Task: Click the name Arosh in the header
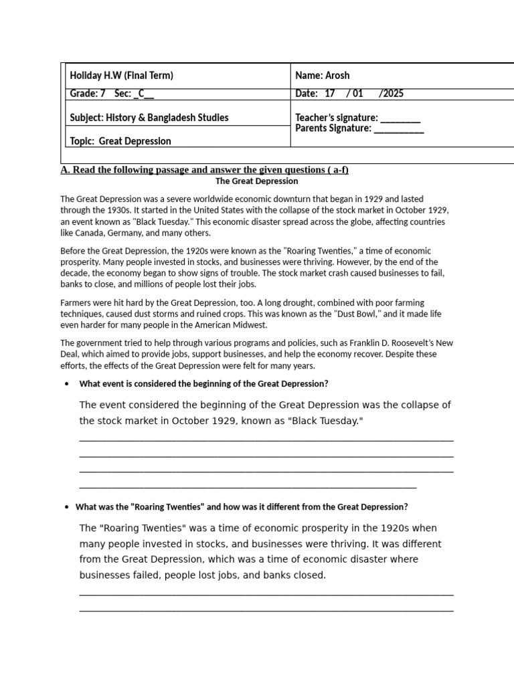pyautogui.click(x=337, y=76)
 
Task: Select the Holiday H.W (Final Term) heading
pyautogui.click(x=121, y=76)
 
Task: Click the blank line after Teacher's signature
pyautogui.click(x=400, y=118)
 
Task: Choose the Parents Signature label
pyautogui.click(x=333, y=128)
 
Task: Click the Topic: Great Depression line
pyautogui.click(x=120, y=141)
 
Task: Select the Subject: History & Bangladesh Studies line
pyautogui.click(x=149, y=118)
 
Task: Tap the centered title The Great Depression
pyautogui.click(x=257, y=181)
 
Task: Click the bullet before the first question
pyautogui.click(x=66, y=384)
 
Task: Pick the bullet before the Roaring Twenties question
pyautogui.click(x=66, y=507)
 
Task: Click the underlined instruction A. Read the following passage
pyautogui.click(x=204, y=170)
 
